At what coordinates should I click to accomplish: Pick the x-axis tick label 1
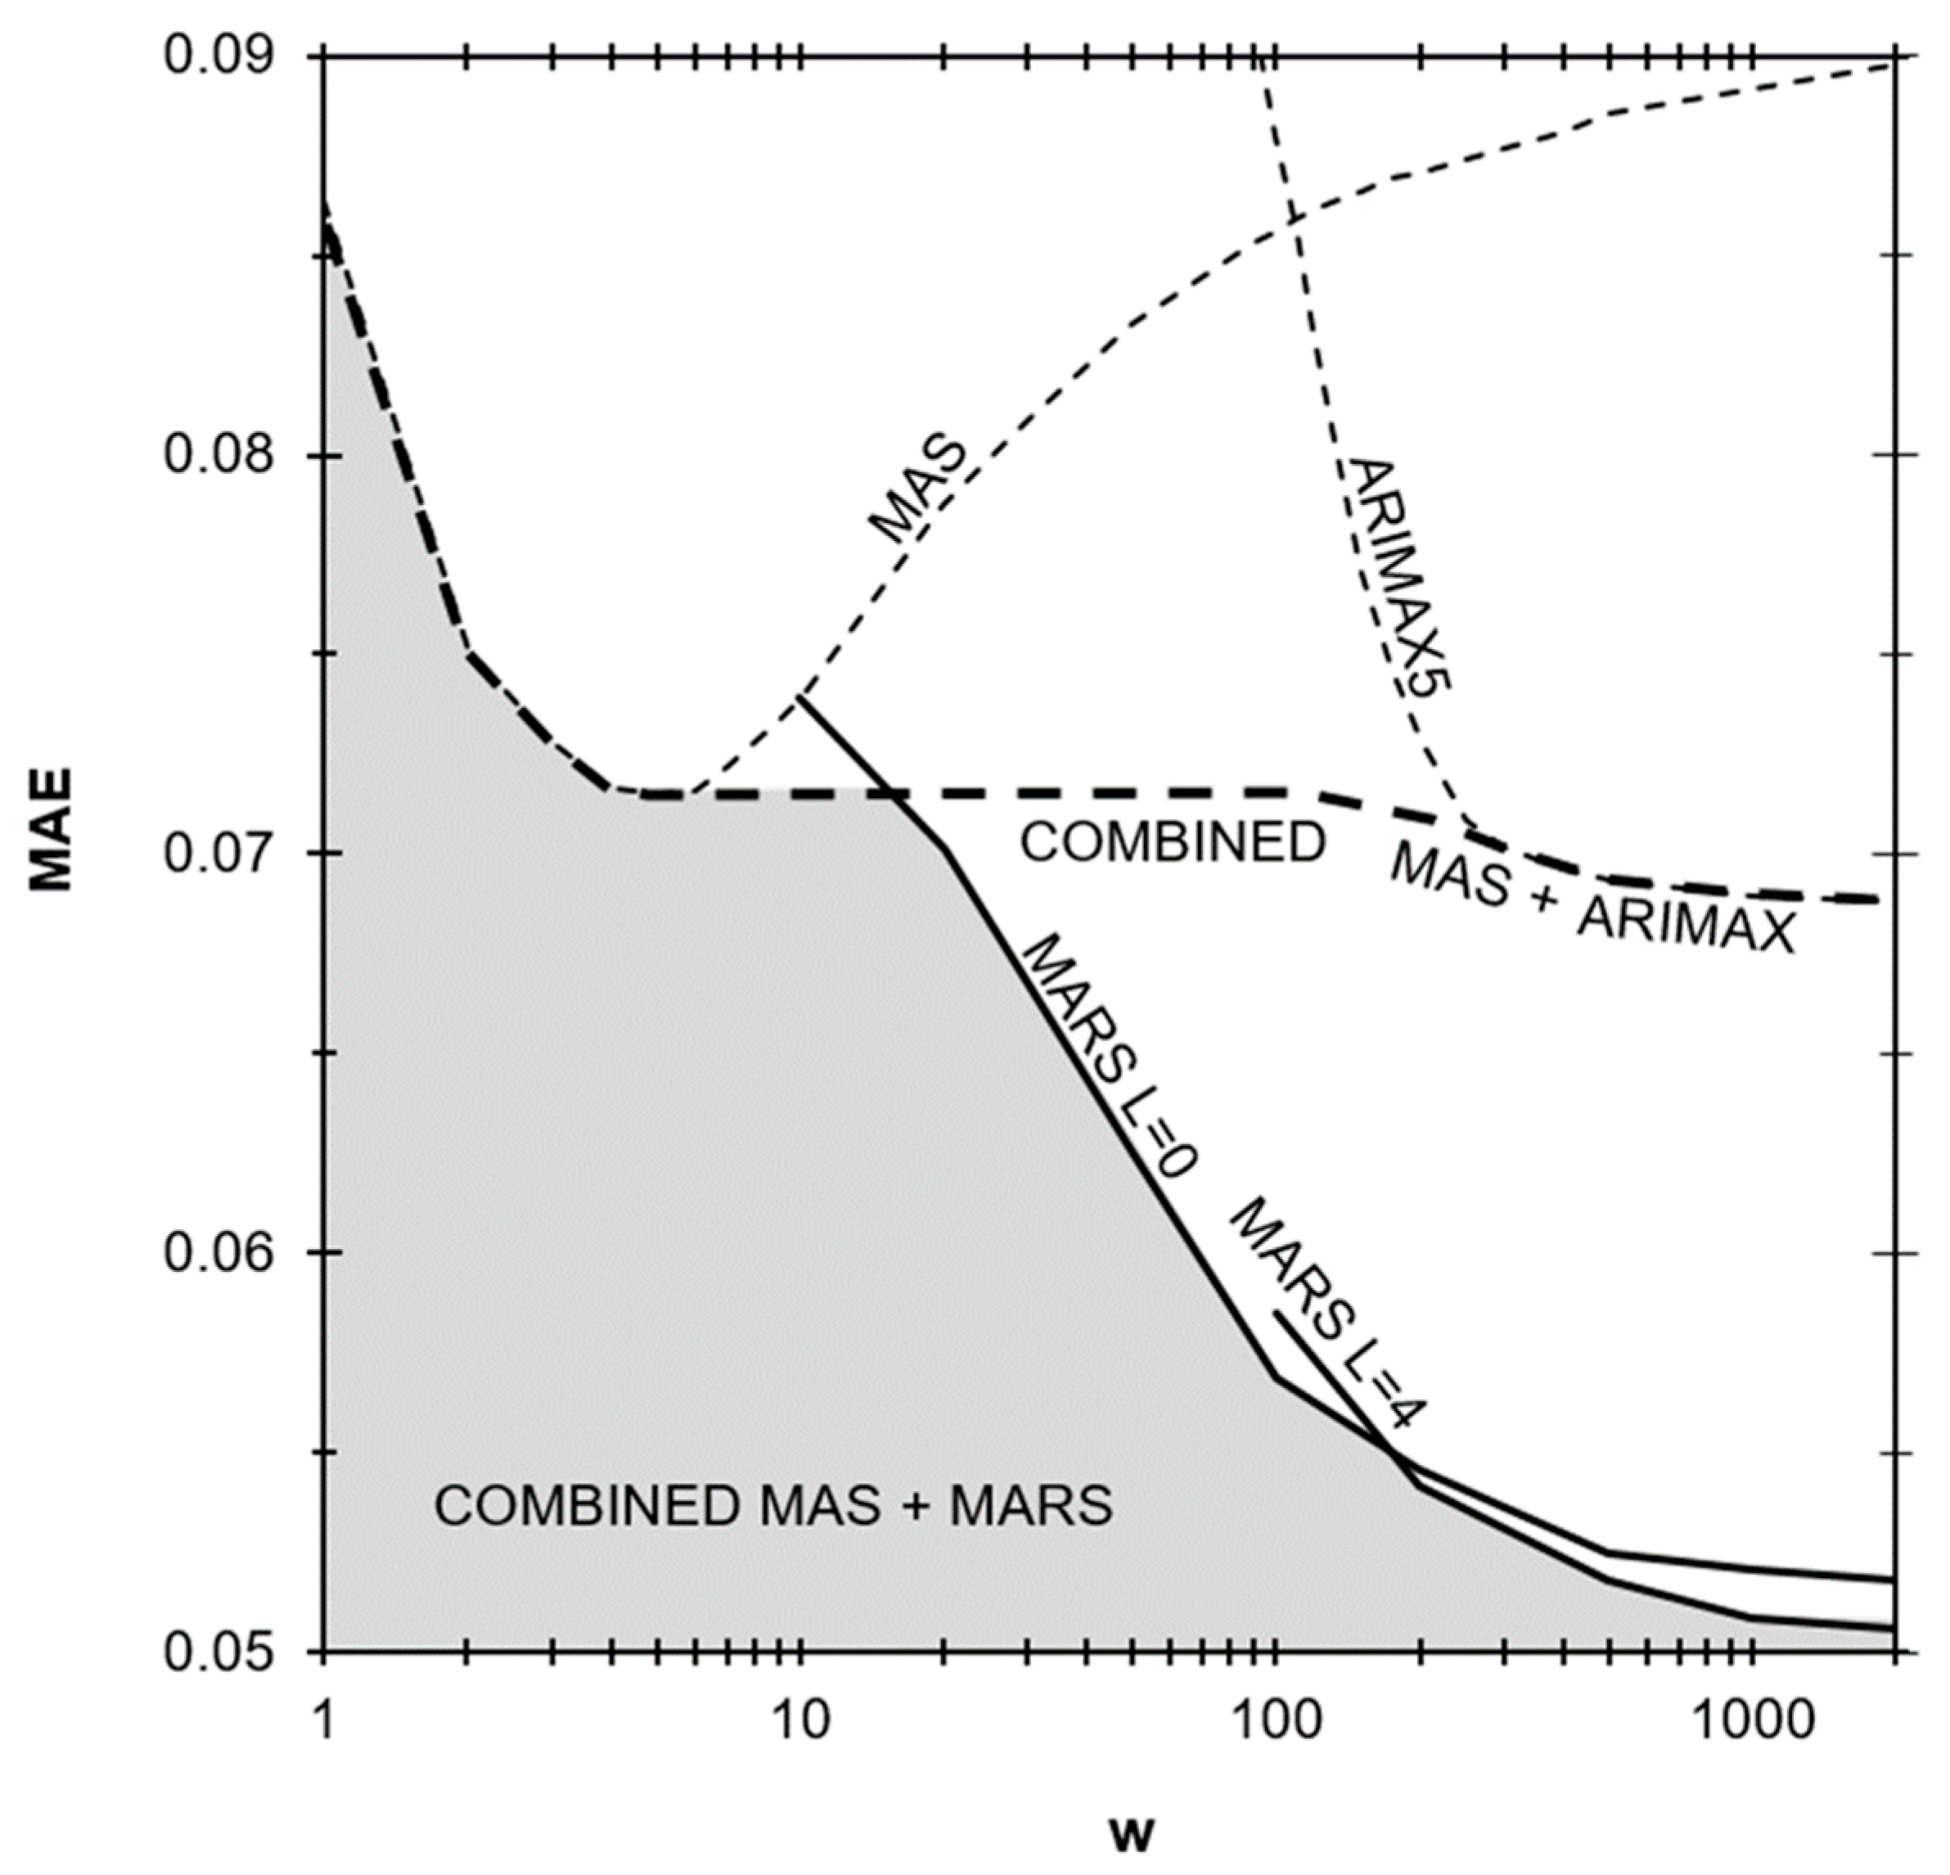(x=322, y=1720)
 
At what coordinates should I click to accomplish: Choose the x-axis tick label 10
(x=798, y=1720)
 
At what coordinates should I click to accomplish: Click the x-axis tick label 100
(x=1273, y=1720)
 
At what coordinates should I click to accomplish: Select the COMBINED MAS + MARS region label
(x=773, y=1506)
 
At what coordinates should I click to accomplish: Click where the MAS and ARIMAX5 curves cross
(x=1294, y=219)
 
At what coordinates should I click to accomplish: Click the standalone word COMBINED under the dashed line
(x=1173, y=843)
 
